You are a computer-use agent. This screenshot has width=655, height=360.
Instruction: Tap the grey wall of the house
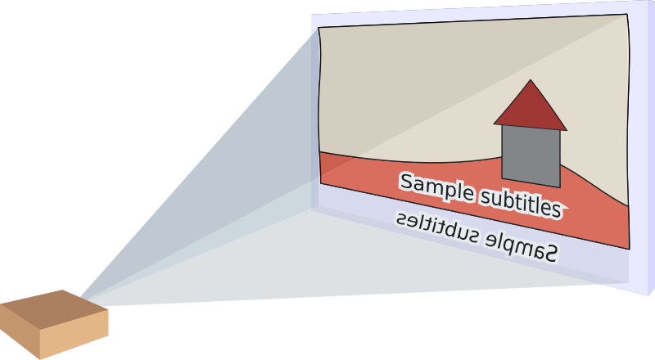[531, 155]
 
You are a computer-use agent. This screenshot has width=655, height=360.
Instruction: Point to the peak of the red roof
[531, 81]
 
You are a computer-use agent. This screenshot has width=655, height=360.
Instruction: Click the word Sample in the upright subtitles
[437, 188]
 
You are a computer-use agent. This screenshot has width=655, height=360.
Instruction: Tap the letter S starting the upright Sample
[407, 182]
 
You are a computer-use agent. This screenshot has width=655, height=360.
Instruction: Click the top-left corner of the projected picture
[319, 28]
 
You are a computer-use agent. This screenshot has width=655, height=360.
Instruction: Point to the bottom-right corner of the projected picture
[629, 249]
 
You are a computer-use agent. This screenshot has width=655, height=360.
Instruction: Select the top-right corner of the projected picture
[628, 15]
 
